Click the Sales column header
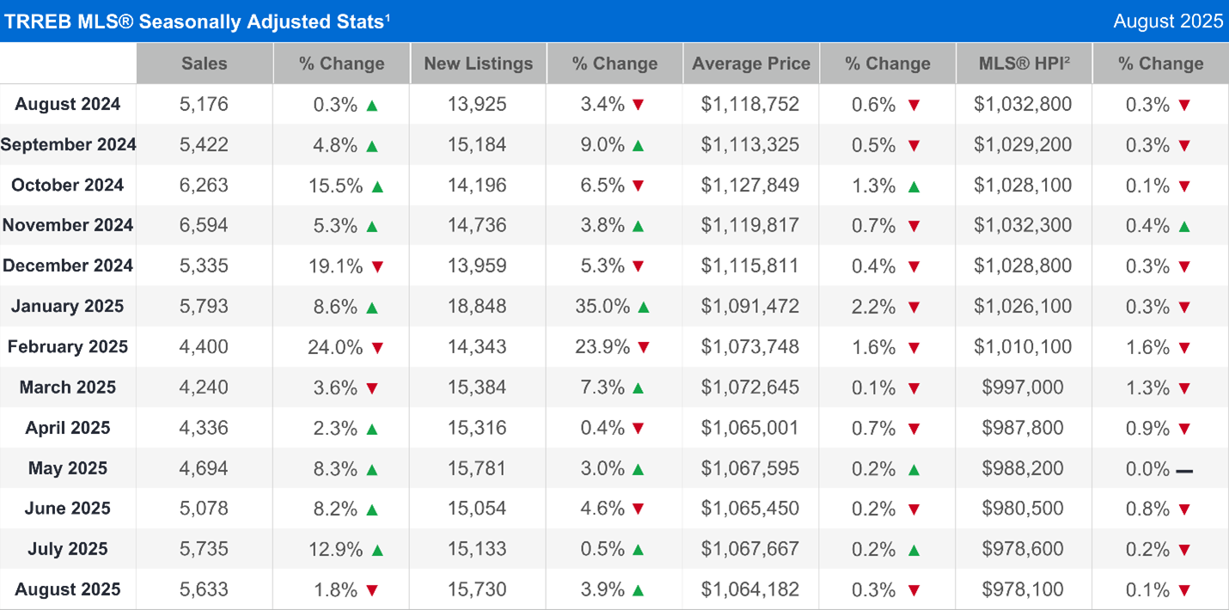pos(205,64)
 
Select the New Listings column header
pos(478,64)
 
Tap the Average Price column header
pos(751,64)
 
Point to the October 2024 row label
pos(68,185)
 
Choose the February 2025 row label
pos(68,347)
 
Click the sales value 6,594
pos(205,225)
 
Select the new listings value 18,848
pos(477,306)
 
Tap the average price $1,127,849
pos(750,185)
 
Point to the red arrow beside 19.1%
pos(376,266)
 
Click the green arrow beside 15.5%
pos(376,186)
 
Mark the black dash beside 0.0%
pos(1185,470)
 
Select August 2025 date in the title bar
pos(1168,21)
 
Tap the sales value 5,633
pos(205,589)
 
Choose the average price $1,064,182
pos(750,589)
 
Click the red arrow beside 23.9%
pos(643,347)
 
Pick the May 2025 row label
pos(68,468)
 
